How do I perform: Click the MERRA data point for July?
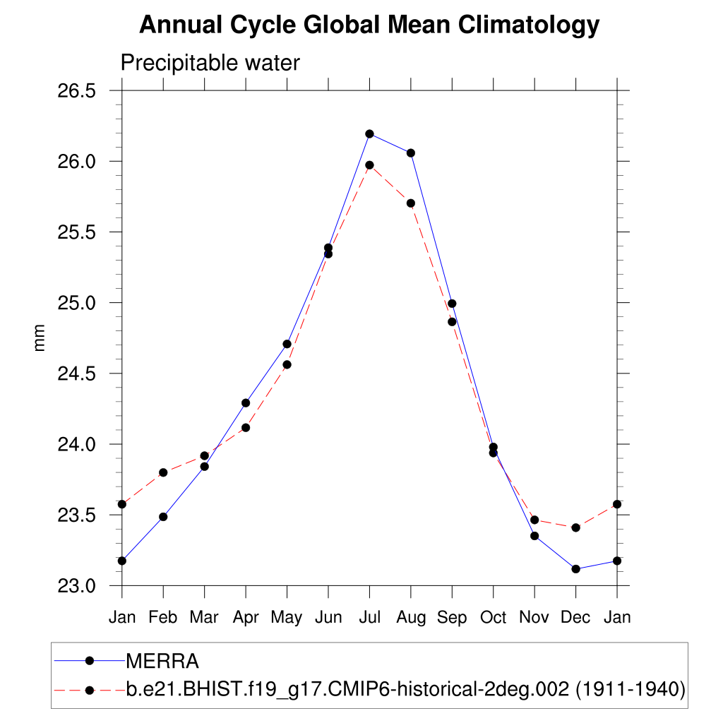click(369, 133)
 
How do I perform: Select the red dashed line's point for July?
click(369, 165)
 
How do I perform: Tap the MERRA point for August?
click(411, 153)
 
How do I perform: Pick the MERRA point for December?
click(576, 569)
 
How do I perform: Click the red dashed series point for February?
click(163, 472)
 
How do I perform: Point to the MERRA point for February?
click(163, 517)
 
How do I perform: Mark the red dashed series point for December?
click(576, 527)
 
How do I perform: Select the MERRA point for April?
click(246, 403)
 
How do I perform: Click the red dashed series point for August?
click(411, 203)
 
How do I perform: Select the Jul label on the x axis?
click(369, 618)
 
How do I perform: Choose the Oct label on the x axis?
click(494, 618)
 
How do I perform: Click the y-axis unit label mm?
click(40, 337)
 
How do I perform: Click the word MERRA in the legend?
click(162, 662)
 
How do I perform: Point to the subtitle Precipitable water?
click(210, 63)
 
